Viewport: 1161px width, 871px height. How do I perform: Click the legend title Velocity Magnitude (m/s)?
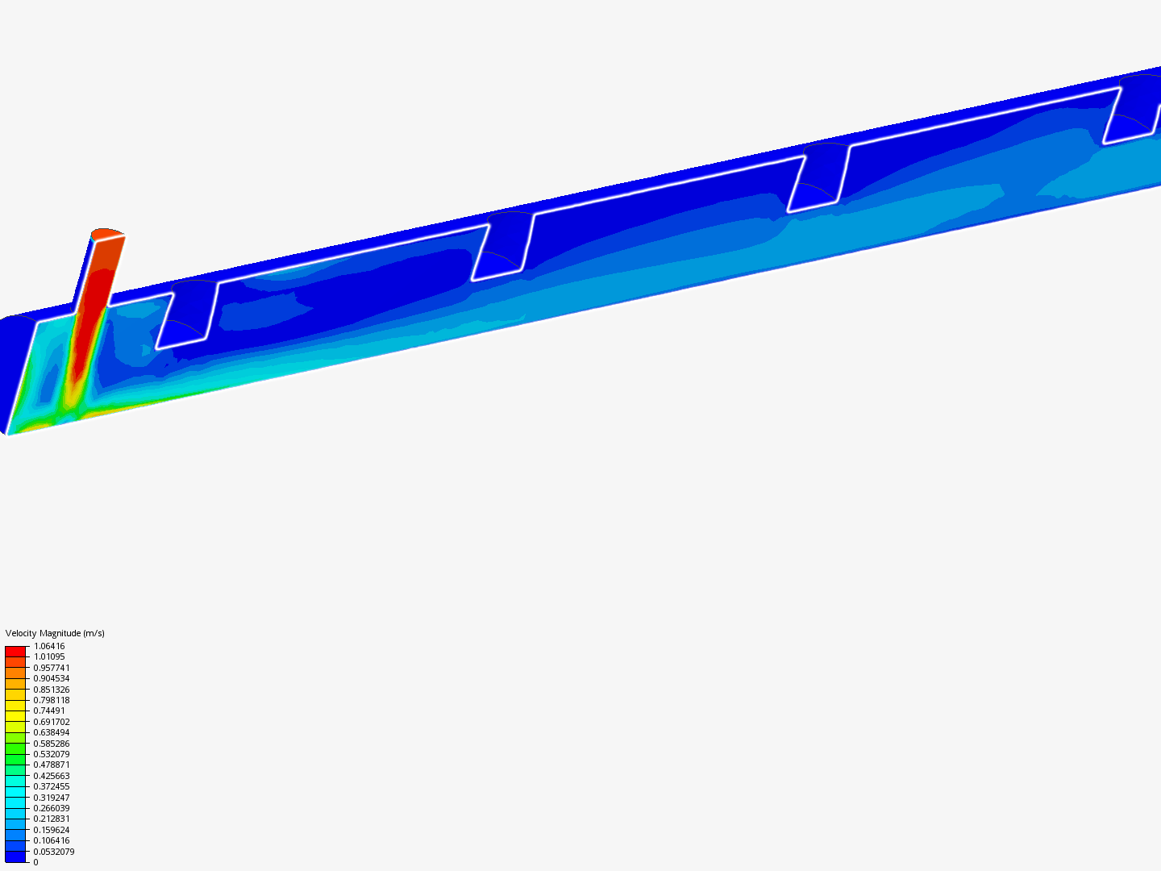(55, 633)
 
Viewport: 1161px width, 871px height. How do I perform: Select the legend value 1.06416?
(49, 646)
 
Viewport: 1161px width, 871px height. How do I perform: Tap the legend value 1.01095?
(49, 656)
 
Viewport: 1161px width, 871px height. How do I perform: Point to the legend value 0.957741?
(52, 668)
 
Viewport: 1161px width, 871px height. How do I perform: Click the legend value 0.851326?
(52, 690)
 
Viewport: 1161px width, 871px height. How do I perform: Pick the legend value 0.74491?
(49, 711)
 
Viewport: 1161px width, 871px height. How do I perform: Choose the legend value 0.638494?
(52, 732)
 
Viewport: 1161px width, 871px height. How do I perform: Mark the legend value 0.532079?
(52, 754)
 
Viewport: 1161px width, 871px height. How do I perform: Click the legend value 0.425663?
(52, 776)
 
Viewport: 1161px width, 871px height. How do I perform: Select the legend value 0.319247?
(52, 798)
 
